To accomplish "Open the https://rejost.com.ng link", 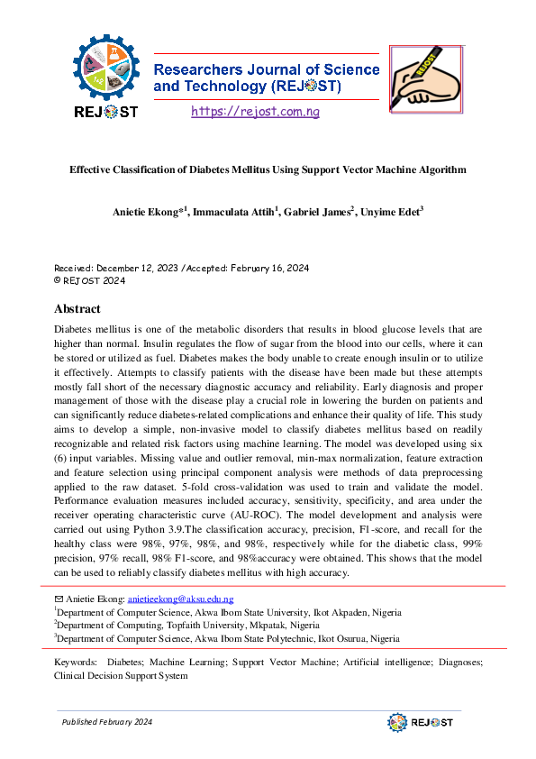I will [255, 111].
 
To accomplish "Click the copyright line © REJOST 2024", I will [90, 280].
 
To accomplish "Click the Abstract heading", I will [77, 308].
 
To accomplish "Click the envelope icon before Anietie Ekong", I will [59, 599].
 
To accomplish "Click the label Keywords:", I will [76, 663].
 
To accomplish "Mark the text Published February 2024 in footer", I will [106, 723].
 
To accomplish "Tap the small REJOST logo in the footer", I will [420, 723].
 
